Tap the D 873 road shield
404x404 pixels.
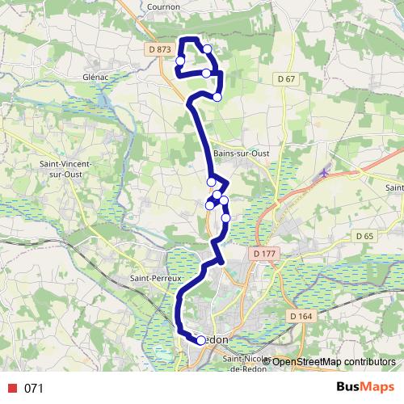[x=161, y=49]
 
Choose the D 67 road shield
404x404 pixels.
[x=285, y=78]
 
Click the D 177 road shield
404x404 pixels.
[x=264, y=254]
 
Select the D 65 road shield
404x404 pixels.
[x=365, y=236]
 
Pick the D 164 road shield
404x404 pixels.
[x=300, y=316]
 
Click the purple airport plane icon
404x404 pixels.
[x=325, y=171]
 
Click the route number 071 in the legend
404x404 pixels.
[x=33, y=389]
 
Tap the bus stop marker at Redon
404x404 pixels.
[x=201, y=340]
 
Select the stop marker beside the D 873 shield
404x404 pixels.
[x=180, y=61]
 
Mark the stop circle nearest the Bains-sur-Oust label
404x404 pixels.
[x=212, y=182]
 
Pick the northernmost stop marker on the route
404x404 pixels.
[x=208, y=49]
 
